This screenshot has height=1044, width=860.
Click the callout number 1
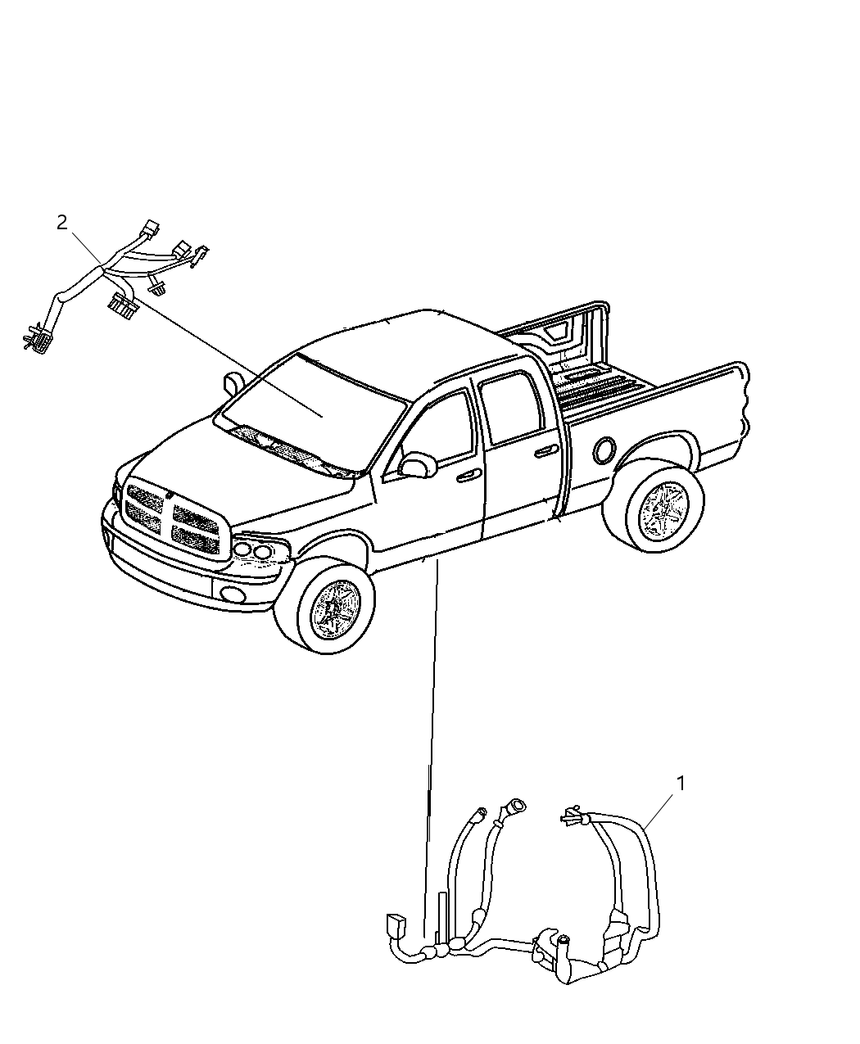pyautogui.click(x=680, y=783)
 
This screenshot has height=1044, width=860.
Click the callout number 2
pyautogui.click(x=62, y=222)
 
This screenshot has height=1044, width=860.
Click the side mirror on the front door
pyautogui.click(x=419, y=465)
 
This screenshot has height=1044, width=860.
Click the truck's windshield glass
pyautogui.click(x=315, y=404)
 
